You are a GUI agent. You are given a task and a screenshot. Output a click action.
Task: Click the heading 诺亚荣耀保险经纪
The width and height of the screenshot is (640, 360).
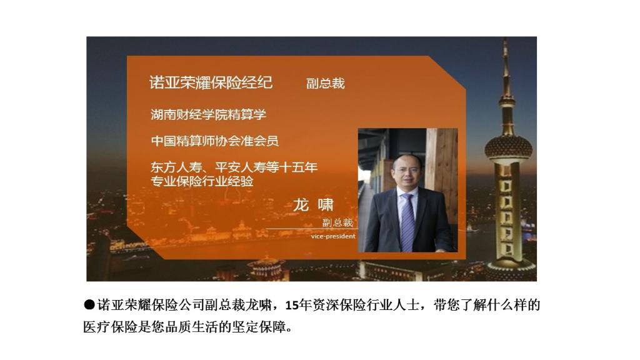pos(211,82)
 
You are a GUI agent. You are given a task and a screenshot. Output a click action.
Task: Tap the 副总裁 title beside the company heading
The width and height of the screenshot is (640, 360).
pos(325,83)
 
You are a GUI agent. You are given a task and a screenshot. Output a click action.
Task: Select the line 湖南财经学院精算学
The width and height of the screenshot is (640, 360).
pos(208,114)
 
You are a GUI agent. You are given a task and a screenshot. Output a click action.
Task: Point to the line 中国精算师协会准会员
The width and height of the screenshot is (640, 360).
pos(215,141)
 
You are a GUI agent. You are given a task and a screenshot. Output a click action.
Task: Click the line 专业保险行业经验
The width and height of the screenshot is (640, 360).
pos(202,181)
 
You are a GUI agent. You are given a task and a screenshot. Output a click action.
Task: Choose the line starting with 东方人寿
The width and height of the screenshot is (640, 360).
pos(234,167)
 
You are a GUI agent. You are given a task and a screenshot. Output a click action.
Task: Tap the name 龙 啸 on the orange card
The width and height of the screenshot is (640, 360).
pos(313,204)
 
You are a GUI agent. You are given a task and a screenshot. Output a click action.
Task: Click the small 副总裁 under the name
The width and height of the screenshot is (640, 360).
pos(337,222)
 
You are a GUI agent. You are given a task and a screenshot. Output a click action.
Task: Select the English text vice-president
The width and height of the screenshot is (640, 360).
pos(333,236)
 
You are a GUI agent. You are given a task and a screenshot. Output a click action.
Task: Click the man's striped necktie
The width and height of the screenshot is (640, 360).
pos(407,222)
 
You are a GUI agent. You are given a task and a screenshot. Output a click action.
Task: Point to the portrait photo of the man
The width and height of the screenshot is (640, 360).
pos(407,190)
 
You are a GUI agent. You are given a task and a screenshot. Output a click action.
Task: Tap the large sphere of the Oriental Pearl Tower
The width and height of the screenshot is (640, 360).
pos(508,147)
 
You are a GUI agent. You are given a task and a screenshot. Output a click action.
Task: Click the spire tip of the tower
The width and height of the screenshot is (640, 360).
pos(506,39)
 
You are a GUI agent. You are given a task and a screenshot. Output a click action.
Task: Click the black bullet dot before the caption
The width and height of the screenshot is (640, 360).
pos(89,305)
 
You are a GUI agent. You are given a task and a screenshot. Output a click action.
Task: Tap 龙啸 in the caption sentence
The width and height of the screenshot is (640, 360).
pos(258,305)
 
